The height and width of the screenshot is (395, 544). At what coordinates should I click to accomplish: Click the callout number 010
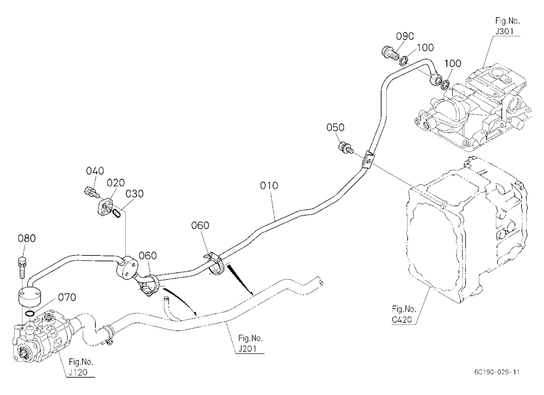[x=269, y=186]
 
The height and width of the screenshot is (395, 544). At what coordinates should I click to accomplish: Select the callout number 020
[x=115, y=183]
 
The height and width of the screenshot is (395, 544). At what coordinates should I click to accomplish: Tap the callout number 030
[x=134, y=193]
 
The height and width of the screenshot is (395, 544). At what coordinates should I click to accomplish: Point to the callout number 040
[x=95, y=171]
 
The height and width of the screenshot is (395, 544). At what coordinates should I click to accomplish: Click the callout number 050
[x=336, y=127]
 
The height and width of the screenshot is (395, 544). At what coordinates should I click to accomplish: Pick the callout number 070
[x=67, y=297]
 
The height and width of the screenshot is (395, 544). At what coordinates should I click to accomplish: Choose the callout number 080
[x=27, y=238]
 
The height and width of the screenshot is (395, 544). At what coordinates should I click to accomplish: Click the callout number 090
[x=405, y=36]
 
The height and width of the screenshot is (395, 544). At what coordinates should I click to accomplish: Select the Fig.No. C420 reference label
[x=404, y=314]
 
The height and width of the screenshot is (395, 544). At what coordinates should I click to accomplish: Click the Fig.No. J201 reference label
[x=250, y=343]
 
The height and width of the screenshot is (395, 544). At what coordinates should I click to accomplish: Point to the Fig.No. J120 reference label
[x=81, y=367]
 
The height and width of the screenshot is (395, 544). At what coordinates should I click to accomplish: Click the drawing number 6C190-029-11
[x=497, y=373]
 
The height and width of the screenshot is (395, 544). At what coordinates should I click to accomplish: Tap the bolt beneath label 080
[x=21, y=267]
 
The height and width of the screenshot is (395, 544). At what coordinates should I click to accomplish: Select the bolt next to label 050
[x=345, y=147]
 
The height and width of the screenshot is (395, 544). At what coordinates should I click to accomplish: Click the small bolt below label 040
[x=91, y=192]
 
